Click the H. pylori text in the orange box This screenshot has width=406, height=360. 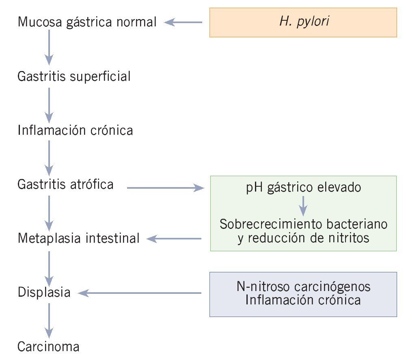click(304, 22)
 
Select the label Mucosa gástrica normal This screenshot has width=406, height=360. click(87, 22)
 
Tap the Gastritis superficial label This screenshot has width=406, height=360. click(74, 76)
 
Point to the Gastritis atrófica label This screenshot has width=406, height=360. click(66, 185)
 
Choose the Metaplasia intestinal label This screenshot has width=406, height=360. click(79, 239)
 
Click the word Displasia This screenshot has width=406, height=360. click(44, 293)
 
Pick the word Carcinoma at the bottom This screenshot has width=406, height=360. click(49, 347)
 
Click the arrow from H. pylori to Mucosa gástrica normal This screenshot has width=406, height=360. click(184, 23)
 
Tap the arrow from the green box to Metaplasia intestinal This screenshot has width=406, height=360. click(175, 239)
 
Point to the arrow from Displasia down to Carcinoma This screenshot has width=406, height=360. click(49, 320)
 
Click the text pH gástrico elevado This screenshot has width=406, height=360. click(303, 188)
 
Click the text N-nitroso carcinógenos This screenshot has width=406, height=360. click(303, 287)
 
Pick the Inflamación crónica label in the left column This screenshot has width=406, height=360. click(76, 131)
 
